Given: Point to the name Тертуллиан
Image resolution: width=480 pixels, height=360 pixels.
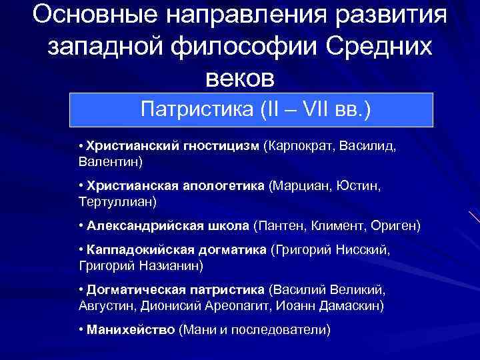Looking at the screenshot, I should (114, 200).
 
